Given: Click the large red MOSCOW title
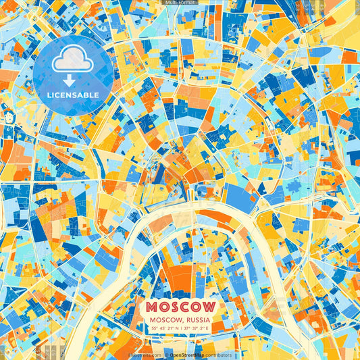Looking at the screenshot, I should pos(180,307).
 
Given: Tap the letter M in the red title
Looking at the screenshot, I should pos(155,307).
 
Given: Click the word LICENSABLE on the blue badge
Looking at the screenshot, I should pos(73,95).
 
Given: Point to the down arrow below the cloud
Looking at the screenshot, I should pos(72,80).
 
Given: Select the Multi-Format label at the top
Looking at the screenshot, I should pos(179,3).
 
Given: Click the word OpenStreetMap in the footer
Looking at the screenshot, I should pos(190,355).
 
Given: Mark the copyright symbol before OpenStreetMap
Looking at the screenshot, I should pos(166,355).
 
